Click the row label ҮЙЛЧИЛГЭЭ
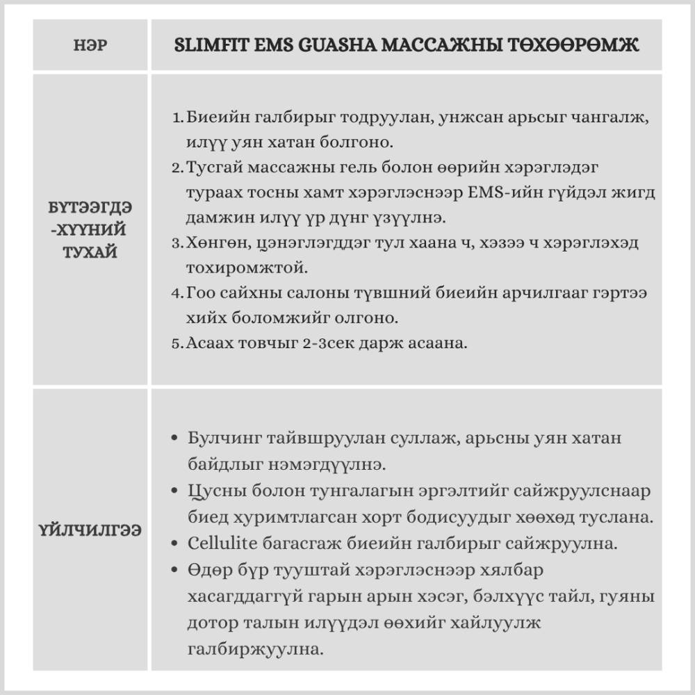point(90,530)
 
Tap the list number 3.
point(176,243)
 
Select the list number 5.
point(176,344)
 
